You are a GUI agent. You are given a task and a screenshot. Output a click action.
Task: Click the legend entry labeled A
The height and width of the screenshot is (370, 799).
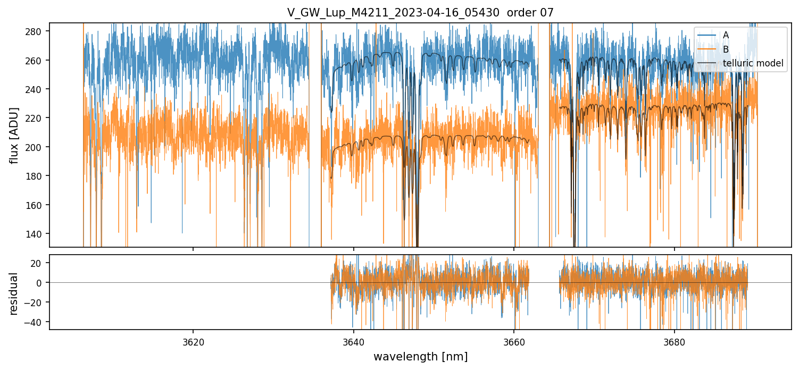point(726,35)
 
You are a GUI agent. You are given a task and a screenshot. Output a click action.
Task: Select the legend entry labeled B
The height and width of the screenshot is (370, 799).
point(726,49)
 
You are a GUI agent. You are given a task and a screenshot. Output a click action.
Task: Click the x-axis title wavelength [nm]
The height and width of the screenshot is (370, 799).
point(420,357)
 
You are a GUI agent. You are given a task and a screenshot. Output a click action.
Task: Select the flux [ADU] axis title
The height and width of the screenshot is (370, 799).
point(14,135)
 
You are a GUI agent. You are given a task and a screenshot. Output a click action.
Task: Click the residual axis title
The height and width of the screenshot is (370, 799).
point(14,293)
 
